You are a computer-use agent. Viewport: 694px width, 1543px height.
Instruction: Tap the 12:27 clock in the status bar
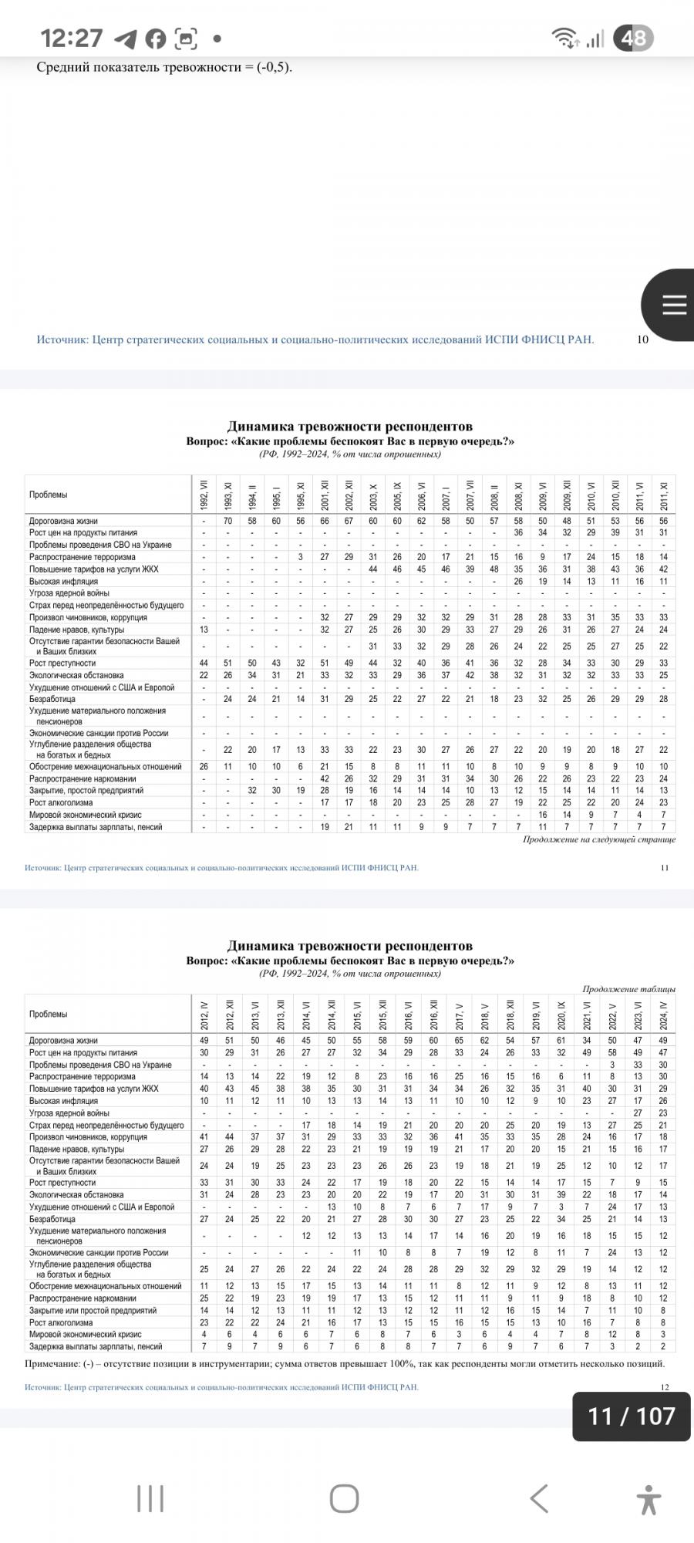tap(71, 38)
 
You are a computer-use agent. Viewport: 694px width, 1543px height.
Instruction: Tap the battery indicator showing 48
tap(633, 38)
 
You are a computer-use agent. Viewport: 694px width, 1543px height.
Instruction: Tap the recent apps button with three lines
tap(150, 1498)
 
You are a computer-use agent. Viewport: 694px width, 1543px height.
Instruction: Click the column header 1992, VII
tap(204, 495)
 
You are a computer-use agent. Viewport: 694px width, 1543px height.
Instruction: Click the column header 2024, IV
tap(663, 1014)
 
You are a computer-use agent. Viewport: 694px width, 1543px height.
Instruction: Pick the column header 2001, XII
tap(325, 495)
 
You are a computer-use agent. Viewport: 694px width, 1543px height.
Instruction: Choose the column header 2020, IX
tap(561, 1014)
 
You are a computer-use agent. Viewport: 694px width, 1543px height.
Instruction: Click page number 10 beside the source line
tap(642, 339)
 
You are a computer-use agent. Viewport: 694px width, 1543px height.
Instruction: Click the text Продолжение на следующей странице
tap(598, 839)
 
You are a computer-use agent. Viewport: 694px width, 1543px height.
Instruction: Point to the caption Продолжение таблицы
tap(628, 989)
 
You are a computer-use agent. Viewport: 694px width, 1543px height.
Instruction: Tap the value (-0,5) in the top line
tap(274, 67)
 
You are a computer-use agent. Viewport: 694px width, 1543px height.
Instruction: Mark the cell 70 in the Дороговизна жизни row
tap(228, 521)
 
